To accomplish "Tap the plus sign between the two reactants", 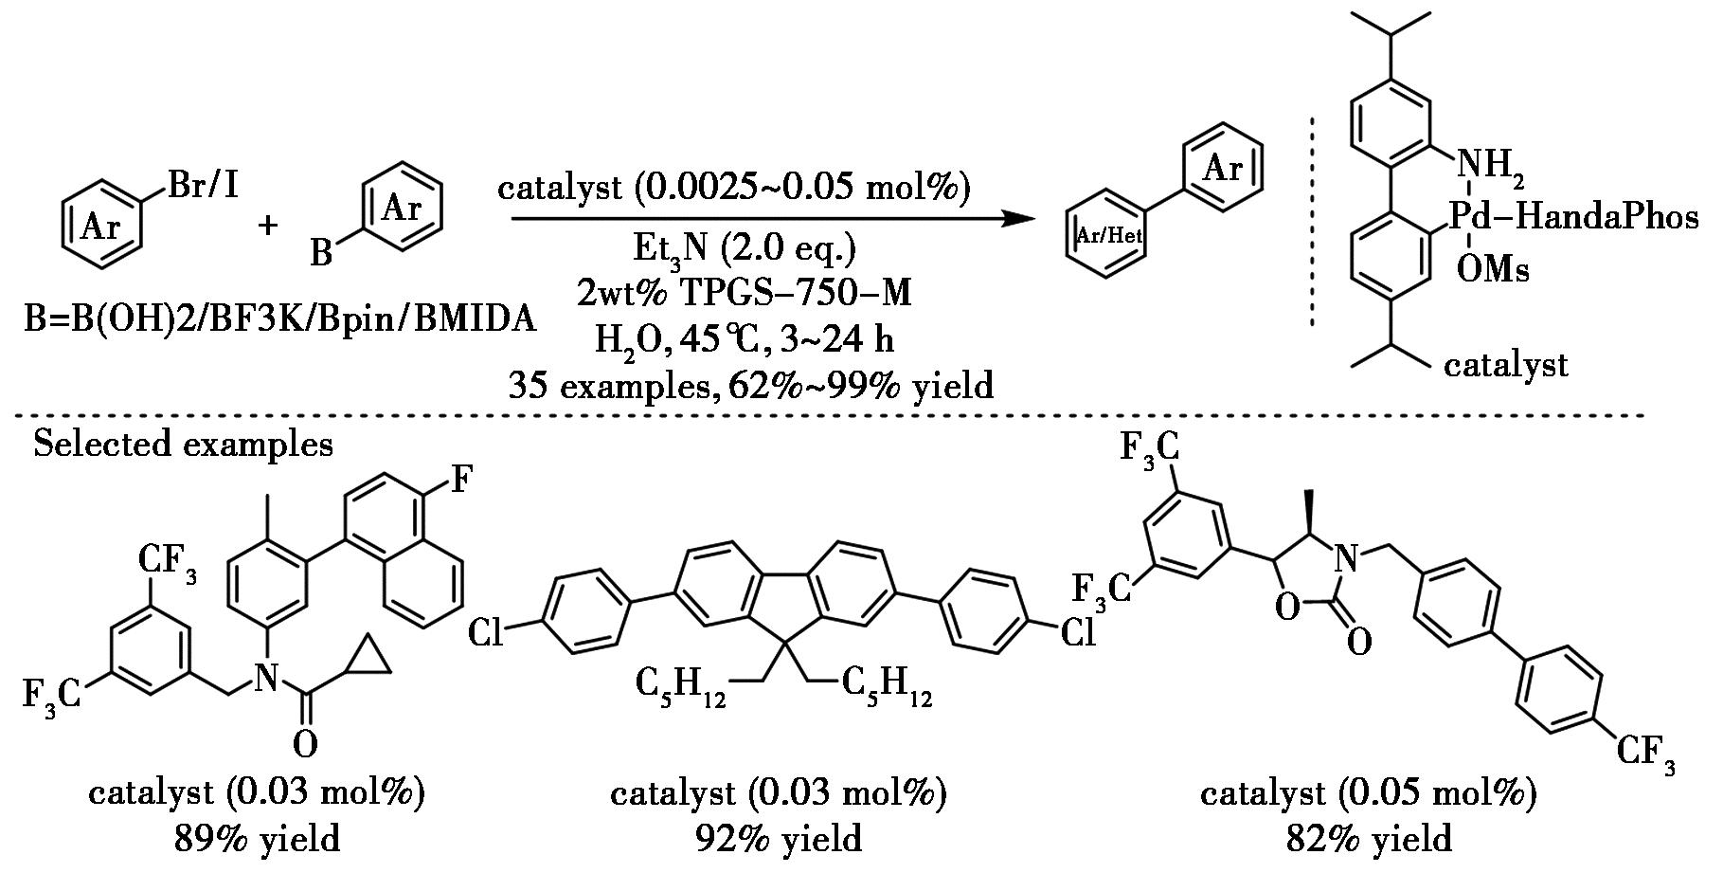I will click(x=269, y=226).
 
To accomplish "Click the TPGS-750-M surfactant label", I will click(x=744, y=294).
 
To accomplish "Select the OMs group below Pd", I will click(x=1492, y=271).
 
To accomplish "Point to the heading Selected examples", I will click(x=183, y=444).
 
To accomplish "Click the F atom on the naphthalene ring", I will click(x=460, y=480).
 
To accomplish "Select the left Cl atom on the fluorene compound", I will click(x=486, y=632).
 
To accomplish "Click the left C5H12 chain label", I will click(x=680, y=684).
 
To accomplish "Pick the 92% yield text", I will click(x=778, y=839).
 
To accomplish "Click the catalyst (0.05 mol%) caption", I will click(x=1368, y=793).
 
